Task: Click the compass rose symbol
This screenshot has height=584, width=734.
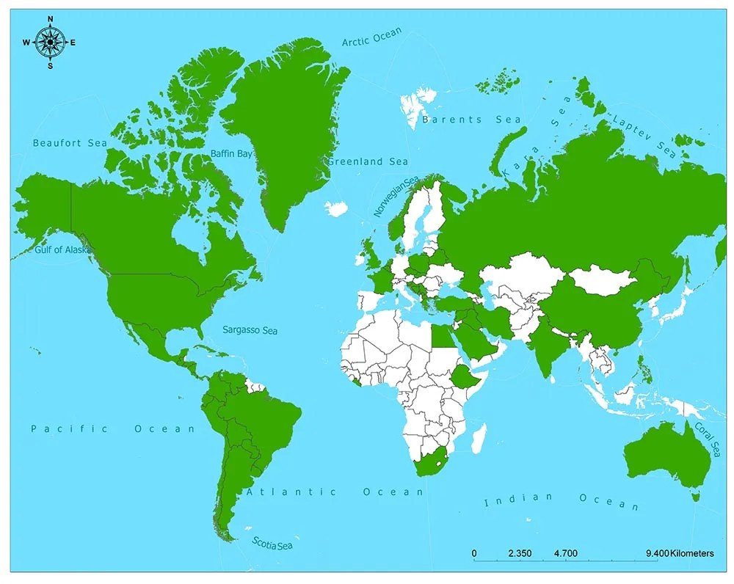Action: coord(50,43)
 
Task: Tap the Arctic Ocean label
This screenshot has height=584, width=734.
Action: coord(372,37)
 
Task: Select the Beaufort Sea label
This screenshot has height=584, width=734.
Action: coord(70,143)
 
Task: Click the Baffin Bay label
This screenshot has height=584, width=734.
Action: coord(231,153)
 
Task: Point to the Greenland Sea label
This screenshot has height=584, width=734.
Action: coord(368,161)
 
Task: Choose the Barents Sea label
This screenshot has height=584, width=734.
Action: coord(471,120)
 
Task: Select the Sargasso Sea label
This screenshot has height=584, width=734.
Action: coord(250,331)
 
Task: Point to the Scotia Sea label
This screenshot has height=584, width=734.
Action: coord(272,544)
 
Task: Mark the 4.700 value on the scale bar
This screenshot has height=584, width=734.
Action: coord(566,553)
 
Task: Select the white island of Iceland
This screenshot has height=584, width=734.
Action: coord(336,209)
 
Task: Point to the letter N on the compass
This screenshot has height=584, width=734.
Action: coord(50,19)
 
